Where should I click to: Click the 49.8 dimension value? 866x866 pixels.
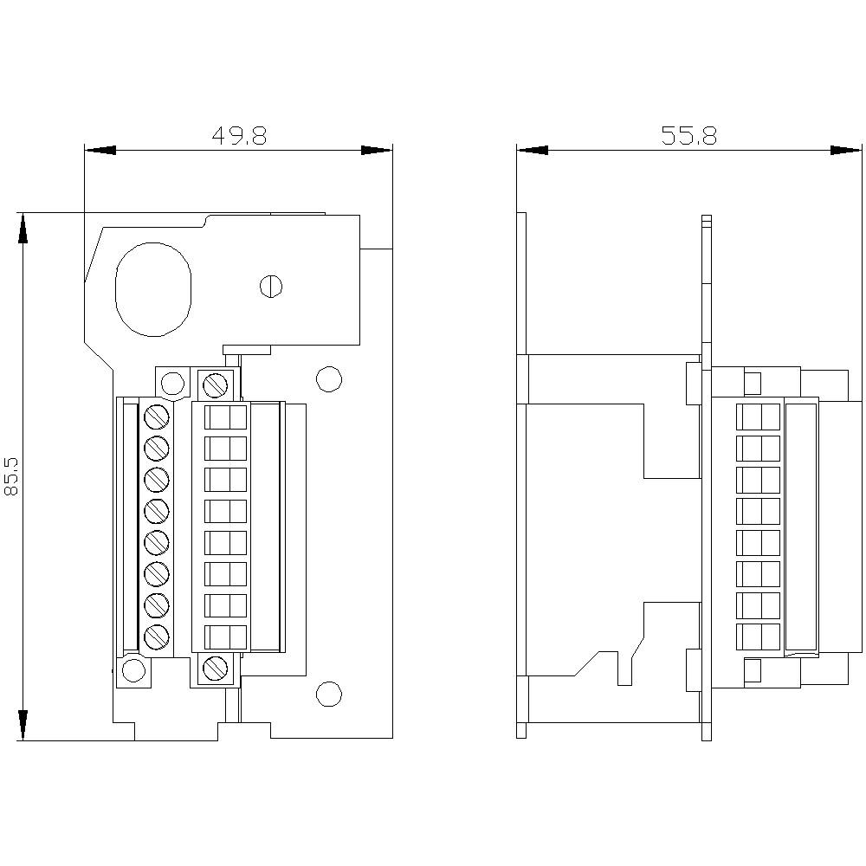[239, 136]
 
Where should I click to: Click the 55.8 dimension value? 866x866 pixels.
[688, 136]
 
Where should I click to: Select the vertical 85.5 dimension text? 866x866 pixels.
[12, 477]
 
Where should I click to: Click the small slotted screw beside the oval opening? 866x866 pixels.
[272, 286]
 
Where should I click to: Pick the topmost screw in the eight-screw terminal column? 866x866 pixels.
[156, 416]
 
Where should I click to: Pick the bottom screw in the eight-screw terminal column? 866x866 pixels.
[156, 637]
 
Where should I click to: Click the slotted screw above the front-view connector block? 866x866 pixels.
[215, 383]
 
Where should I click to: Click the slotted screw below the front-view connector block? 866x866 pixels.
[215, 668]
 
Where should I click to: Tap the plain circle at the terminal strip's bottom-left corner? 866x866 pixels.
[133, 670]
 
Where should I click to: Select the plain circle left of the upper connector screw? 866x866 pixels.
[172, 383]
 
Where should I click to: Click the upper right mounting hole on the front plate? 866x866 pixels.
[328, 378]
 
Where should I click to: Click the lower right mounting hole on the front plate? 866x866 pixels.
[328, 694]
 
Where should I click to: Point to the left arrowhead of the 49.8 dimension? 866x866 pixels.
[98, 150]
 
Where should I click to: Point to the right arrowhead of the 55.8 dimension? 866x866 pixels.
[848, 150]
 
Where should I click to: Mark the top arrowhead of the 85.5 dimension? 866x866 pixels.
[23, 229]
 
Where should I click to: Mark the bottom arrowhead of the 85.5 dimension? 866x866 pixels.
[23, 726]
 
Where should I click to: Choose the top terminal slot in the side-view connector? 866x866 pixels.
[758, 417]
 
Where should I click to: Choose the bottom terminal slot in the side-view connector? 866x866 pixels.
[758, 637]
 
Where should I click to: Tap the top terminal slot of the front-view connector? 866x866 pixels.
[225, 417]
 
